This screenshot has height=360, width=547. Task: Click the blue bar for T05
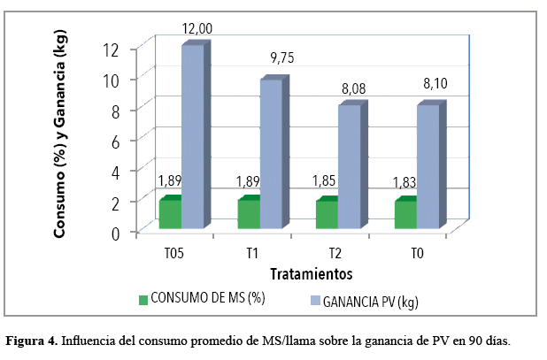[x=192, y=137]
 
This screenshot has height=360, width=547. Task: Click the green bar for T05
[x=169, y=213]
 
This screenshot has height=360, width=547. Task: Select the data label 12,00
[x=198, y=28]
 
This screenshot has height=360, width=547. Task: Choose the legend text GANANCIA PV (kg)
[x=372, y=301]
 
